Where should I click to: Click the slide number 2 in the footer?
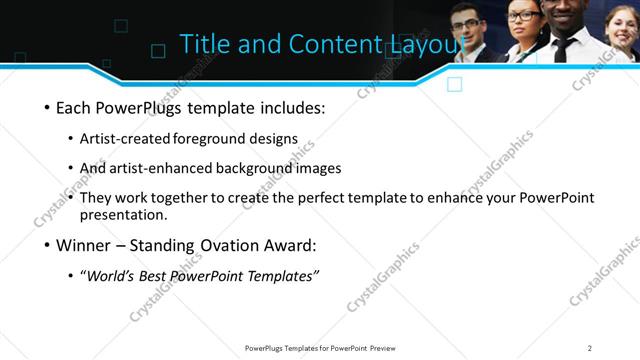590,348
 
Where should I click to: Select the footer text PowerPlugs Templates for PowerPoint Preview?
319,348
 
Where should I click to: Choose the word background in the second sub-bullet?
232,168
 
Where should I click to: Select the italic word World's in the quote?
112,275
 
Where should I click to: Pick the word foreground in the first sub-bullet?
211,139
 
